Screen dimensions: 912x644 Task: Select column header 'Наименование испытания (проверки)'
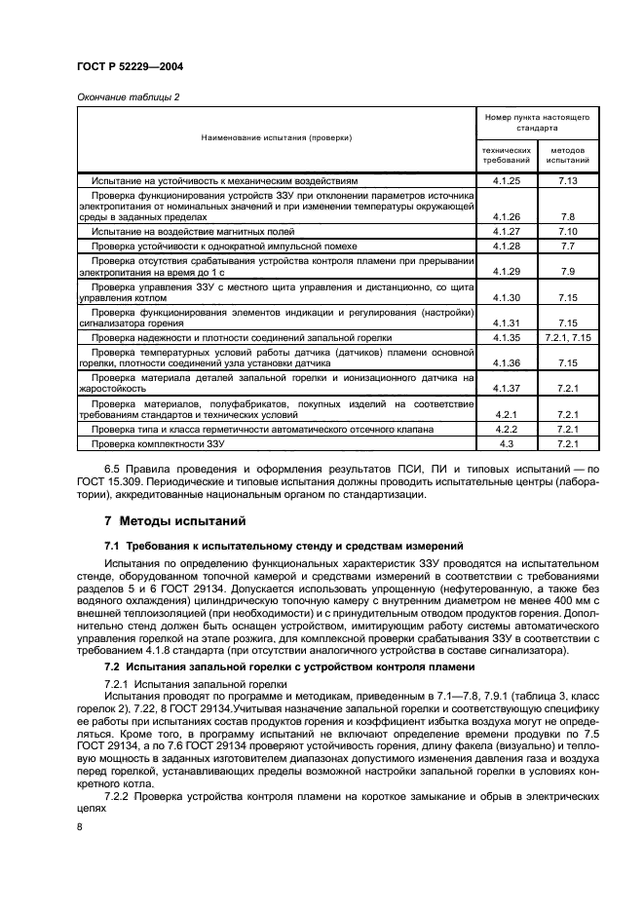[277, 138]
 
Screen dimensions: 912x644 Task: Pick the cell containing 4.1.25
[507, 181]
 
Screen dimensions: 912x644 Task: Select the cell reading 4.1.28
[507, 247]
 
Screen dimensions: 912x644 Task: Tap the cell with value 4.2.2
[507, 429]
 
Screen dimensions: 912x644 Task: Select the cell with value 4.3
[507, 443]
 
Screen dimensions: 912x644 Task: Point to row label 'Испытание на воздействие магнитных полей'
[193, 232]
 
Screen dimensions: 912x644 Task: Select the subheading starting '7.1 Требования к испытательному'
[284, 546]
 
